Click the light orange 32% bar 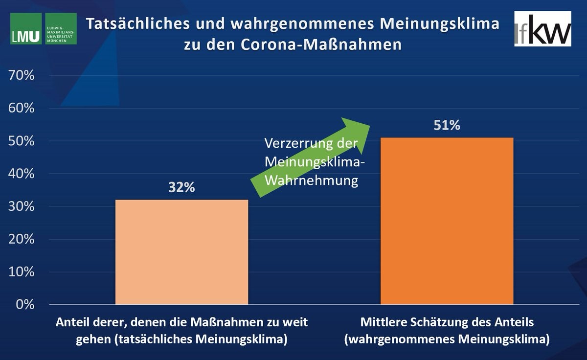(181, 252)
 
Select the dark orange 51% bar (447, 221)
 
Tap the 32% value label (181, 188)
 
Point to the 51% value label (447, 126)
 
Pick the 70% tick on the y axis (21, 75)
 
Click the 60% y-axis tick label (21, 108)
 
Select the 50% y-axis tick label (21, 141)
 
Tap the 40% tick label (21, 174)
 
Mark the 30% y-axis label (21, 206)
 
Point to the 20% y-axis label (21, 239)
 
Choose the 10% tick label (21, 272)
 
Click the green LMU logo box (26, 29)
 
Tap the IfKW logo (542, 29)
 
